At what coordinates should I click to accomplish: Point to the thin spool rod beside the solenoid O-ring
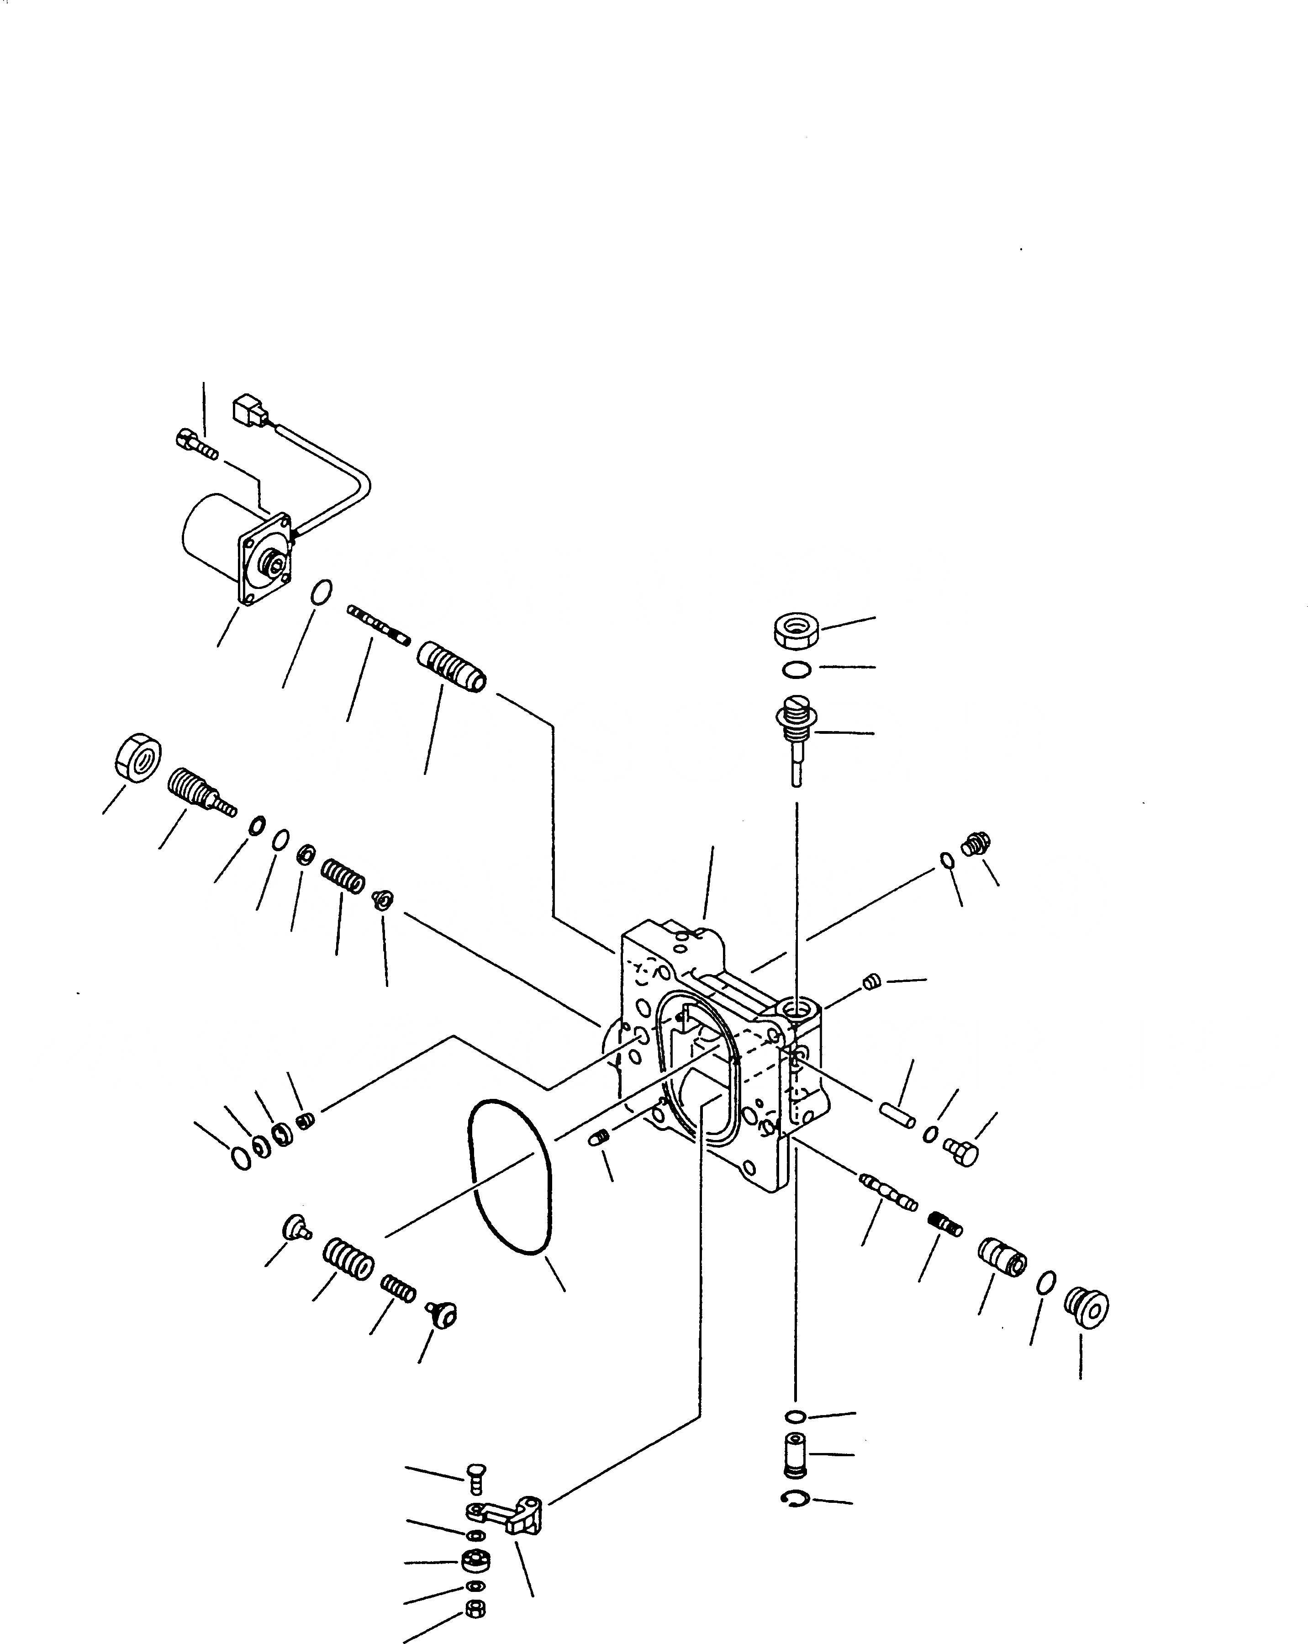(378, 624)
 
